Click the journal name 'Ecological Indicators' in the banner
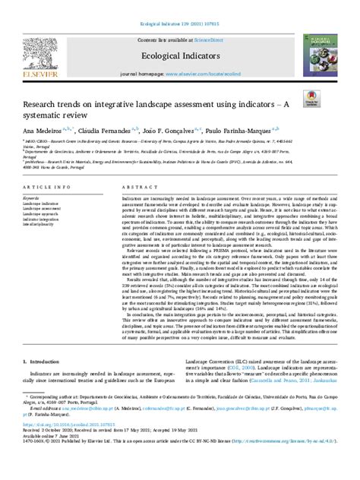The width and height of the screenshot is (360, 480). tap(179, 55)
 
